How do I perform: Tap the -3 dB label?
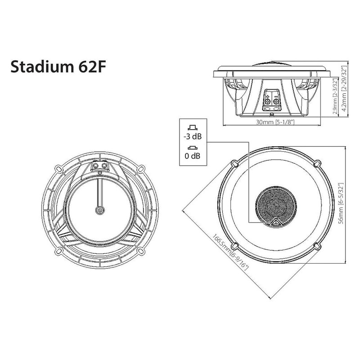[x=193, y=137]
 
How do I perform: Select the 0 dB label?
[x=193, y=157]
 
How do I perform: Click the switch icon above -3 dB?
[x=193, y=127]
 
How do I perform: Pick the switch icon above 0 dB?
[x=193, y=148]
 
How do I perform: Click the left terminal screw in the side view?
[x=268, y=102]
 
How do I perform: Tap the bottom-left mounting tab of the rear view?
[x=58, y=250]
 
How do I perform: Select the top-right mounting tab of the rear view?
[x=141, y=168]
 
